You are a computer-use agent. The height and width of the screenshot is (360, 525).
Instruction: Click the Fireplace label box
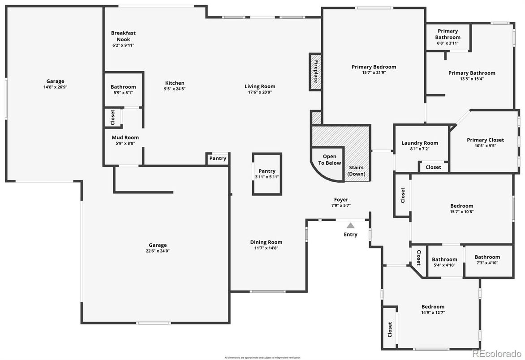(x=315, y=72)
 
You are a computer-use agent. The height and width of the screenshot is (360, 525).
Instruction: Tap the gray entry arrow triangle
(x=350, y=226)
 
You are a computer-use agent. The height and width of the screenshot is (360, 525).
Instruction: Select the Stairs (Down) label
(x=357, y=171)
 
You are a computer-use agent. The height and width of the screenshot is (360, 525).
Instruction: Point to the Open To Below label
(x=329, y=160)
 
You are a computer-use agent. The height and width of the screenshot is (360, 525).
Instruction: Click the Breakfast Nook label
(x=123, y=36)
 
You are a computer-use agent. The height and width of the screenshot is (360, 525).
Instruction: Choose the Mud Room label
(x=125, y=137)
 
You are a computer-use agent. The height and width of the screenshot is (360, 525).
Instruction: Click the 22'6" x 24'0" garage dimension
(x=158, y=251)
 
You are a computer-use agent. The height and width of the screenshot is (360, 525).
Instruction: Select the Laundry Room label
(x=420, y=143)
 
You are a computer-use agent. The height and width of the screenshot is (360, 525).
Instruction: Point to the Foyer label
(x=341, y=200)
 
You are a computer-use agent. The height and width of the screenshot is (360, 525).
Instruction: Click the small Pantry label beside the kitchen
(x=218, y=159)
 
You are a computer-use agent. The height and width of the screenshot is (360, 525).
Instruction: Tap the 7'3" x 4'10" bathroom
(x=487, y=260)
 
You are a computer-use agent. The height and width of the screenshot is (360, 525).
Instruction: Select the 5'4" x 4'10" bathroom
(x=444, y=262)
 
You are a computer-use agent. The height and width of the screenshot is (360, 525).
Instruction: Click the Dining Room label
(x=266, y=242)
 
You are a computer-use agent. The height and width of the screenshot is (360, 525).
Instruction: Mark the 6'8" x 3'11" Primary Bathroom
(x=448, y=37)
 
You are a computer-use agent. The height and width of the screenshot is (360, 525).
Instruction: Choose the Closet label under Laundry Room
(x=433, y=167)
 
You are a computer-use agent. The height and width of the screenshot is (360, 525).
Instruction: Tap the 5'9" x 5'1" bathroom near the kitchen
(x=123, y=90)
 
